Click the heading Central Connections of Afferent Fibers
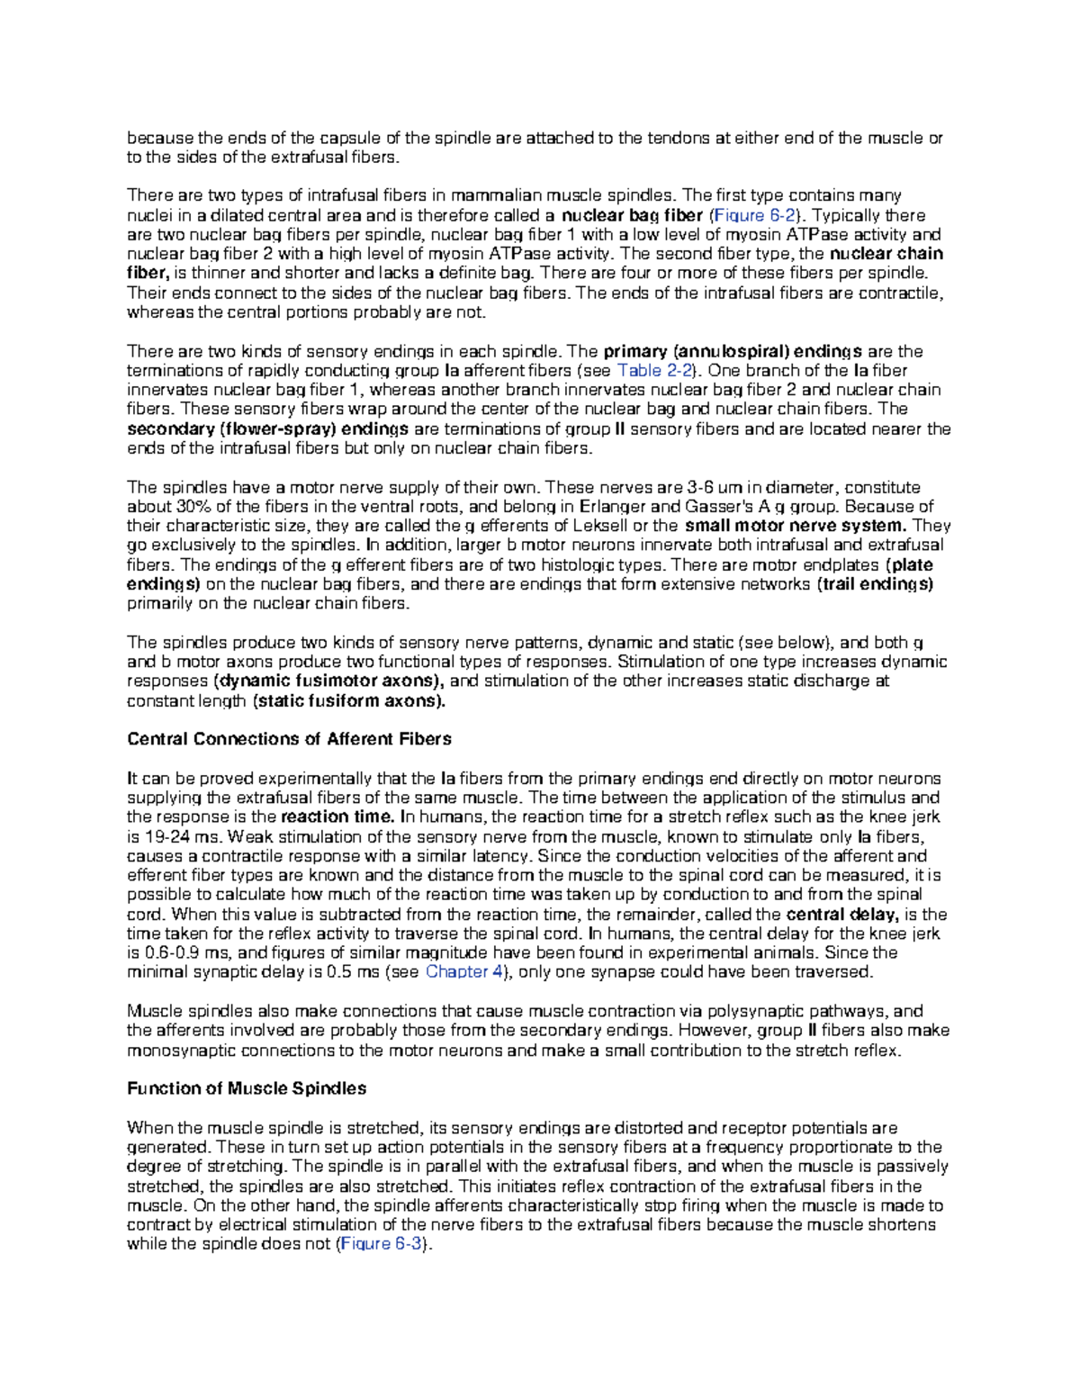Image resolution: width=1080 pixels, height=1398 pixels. click(289, 739)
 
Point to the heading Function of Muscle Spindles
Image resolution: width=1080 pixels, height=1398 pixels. click(247, 1088)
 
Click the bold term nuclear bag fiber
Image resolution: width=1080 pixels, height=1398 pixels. click(632, 215)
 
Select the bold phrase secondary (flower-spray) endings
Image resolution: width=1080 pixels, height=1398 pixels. click(268, 429)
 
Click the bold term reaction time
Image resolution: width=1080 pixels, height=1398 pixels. click(337, 817)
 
